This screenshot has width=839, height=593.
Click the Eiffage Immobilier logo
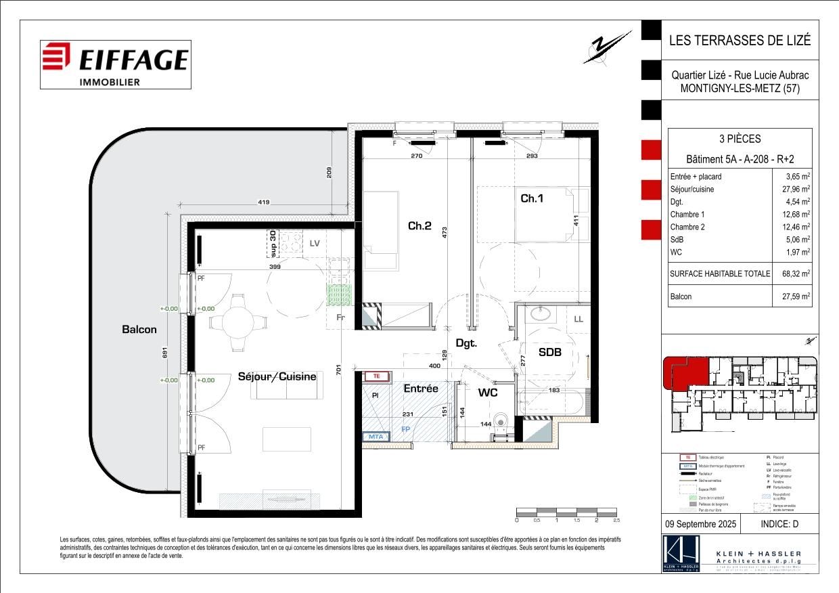pos(114,64)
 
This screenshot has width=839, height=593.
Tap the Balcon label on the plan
pos(139,330)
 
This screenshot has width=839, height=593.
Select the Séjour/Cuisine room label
pos(277,376)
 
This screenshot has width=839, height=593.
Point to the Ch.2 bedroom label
pos(419,225)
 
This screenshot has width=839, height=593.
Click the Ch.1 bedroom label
pos(532,198)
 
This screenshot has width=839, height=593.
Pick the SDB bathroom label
pos(549,352)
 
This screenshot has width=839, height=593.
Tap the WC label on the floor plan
pos(489,392)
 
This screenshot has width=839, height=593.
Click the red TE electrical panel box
pos(377,376)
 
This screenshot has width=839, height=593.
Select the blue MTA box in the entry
pos(376,437)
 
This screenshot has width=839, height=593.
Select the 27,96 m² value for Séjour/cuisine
pos(797,189)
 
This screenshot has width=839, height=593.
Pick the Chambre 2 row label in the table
pos(687,227)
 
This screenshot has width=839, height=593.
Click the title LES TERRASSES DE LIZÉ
pos(739,40)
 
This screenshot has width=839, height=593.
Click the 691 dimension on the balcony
pos(164,353)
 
